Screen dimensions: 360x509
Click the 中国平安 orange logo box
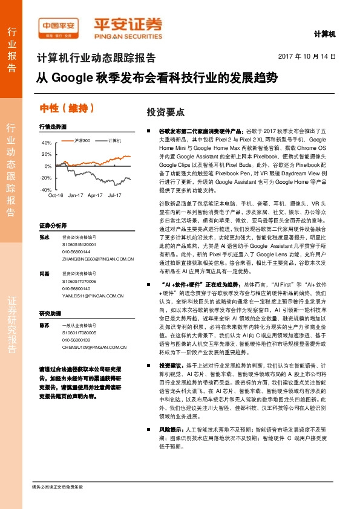[x=59, y=25]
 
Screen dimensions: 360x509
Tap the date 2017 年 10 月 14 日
[x=306, y=56]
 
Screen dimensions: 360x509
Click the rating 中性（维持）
[x=67, y=108]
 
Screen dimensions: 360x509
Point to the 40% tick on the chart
[x=47, y=143]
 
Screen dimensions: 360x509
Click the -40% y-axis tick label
[x=45, y=190]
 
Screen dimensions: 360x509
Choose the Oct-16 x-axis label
[x=56, y=195]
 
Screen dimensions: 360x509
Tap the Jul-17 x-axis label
[x=115, y=195]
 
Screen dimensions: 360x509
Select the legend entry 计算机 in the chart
[x=115, y=140]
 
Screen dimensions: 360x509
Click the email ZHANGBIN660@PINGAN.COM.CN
[x=97, y=258]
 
